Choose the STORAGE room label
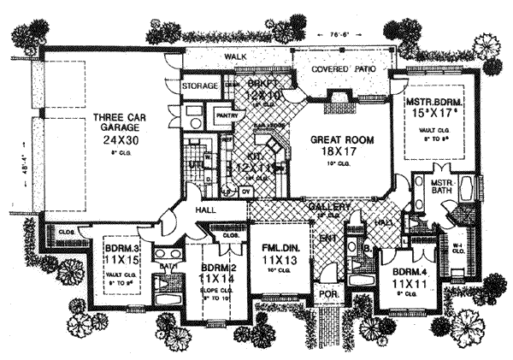tap(200, 86)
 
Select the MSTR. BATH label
tap(442, 186)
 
